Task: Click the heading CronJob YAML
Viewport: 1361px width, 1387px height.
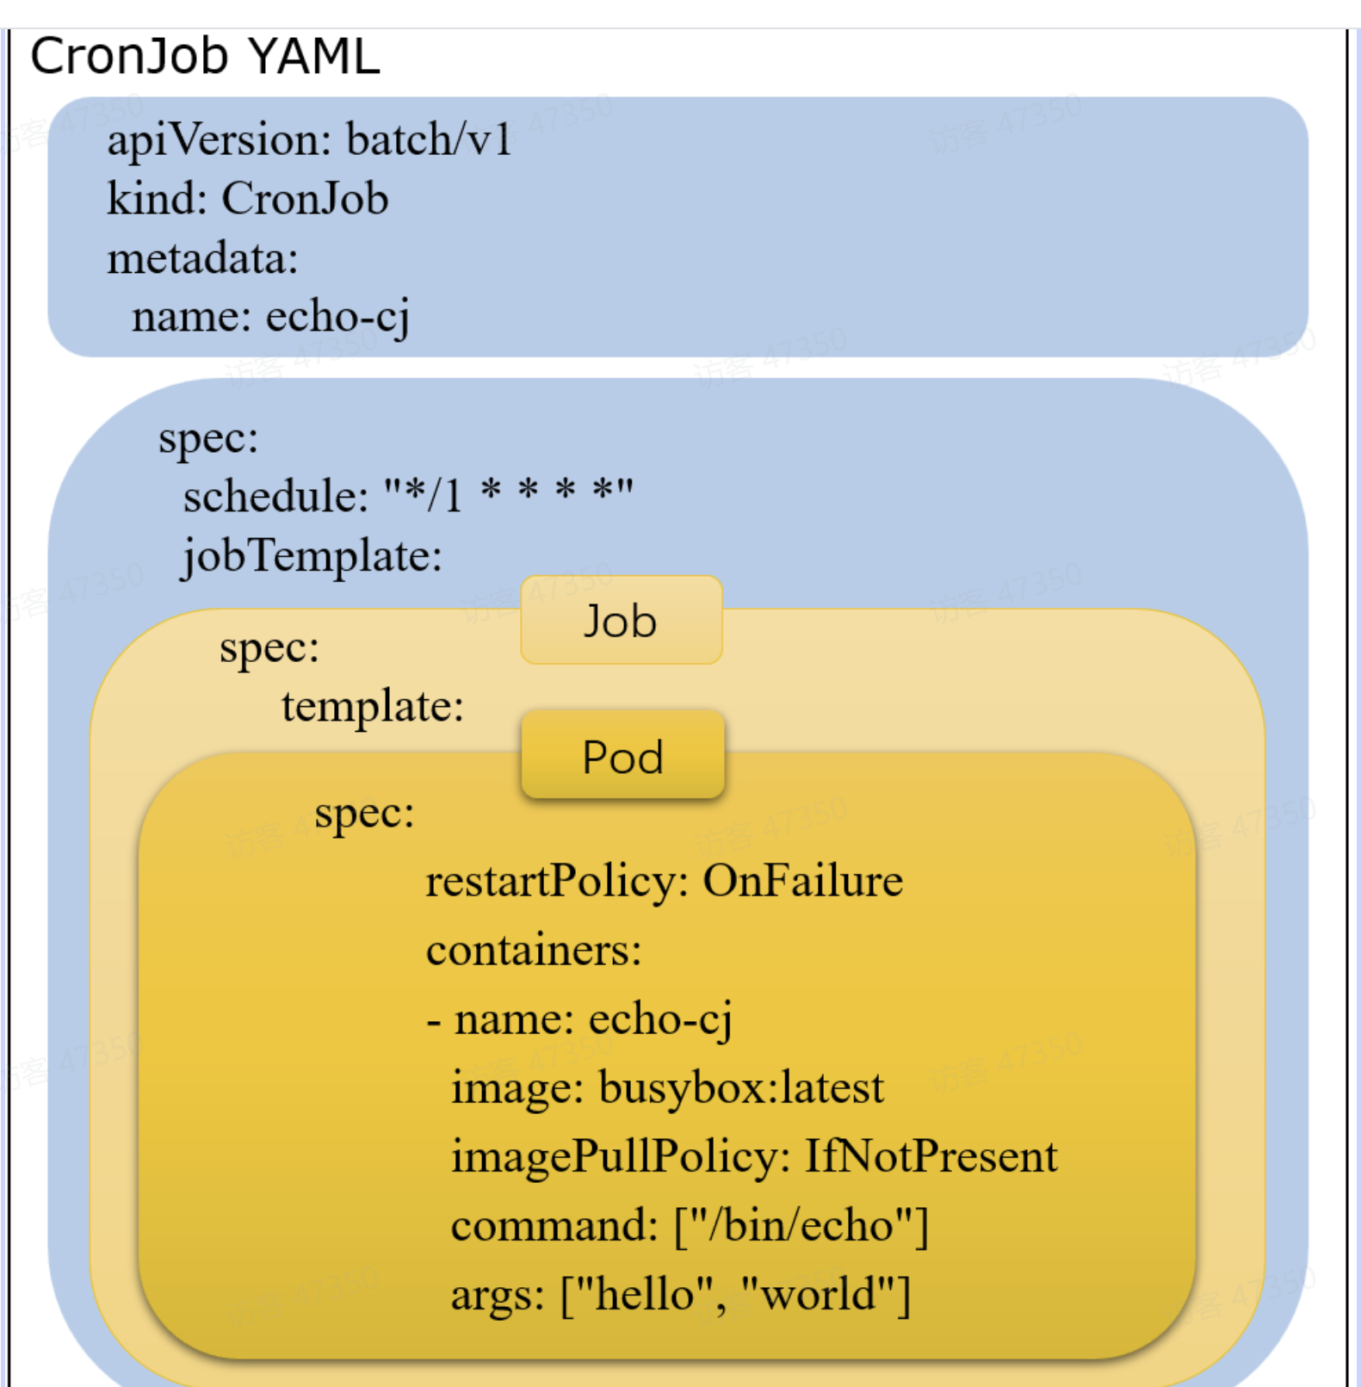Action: [205, 57]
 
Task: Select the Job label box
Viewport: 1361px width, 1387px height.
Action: [621, 621]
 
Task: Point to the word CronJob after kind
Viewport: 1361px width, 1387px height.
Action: [305, 199]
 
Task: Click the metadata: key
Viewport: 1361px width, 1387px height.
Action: [202, 258]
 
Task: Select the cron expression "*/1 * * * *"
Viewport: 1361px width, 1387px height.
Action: [509, 494]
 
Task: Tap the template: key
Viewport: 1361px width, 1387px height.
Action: [373, 706]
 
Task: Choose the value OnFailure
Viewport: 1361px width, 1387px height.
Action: [802, 881]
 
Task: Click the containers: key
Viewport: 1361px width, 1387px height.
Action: [534, 950]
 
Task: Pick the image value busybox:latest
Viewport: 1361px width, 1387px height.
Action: [741, 1087]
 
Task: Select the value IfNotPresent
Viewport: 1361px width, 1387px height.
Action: [931, 1156]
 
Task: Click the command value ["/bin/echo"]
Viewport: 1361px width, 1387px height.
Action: [801, 1225]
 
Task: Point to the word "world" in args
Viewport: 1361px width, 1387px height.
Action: [825, 1294]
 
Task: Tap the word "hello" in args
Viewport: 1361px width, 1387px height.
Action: [642, 1294]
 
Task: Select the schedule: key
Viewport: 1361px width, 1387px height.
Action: [275, 497]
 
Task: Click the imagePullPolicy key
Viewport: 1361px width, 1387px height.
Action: [621, 1156]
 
